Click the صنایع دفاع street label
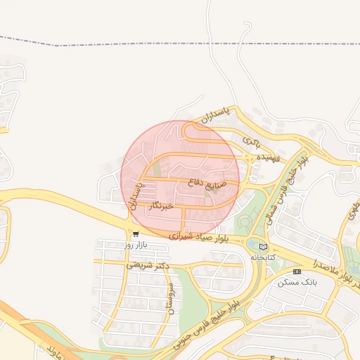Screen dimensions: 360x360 [x=205, y=181]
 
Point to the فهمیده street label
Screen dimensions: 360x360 [x=268, y=158]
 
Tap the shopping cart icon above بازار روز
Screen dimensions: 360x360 [x=135, y=234]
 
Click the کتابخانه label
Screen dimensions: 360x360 [x=264, y=257]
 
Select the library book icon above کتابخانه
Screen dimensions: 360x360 [x=264, y=247]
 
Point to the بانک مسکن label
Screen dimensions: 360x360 [x=297, y=281]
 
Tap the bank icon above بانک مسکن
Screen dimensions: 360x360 [x=297, y=271]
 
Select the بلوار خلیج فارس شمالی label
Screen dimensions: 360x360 [x=288, y=186]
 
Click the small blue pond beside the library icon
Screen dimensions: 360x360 [x=252, y=244]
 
